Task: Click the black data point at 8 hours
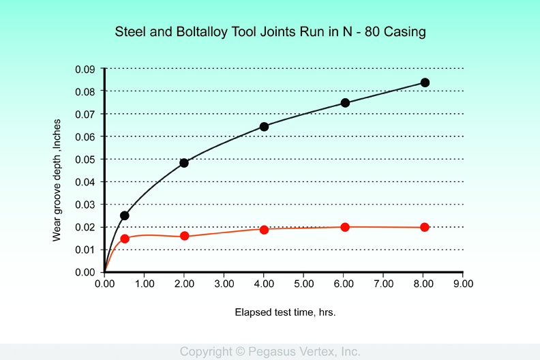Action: [425, 82]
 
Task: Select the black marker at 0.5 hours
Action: [125, 215]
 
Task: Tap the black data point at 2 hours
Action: [184, 163]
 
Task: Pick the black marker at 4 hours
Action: [264, 126]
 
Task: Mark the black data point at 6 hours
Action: [345, 103]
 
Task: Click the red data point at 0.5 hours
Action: [125, 239]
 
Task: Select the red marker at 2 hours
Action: [184, 236]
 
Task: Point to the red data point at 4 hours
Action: [264, 230]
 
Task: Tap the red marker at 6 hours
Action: [345, 227]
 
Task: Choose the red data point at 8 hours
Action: [425, 227]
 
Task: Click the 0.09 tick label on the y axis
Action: [86, 69]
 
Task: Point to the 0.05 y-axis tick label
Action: [86, 160]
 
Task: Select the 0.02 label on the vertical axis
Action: [86, 227]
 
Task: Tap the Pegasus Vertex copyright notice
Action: [270, 352]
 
